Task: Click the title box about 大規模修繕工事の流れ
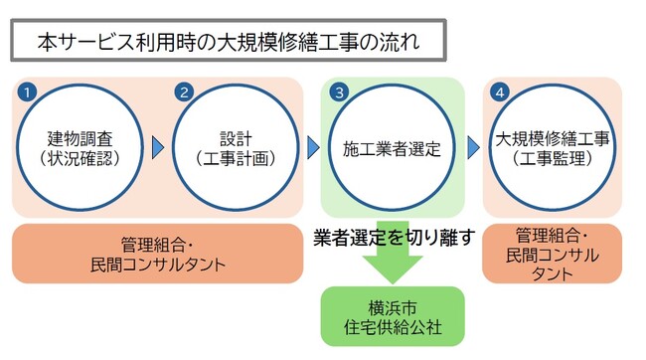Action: (228, 43)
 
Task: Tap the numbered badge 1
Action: (29, 91)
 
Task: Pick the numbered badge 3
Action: (339, 91)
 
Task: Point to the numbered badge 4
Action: (501, 91)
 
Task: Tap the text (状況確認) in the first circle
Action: (75, 158)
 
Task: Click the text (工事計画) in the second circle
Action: (231, 158)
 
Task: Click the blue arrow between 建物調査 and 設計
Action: (157, 147)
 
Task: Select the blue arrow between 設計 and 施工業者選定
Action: (313, 147)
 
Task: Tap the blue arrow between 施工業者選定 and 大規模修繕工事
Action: (474, 147)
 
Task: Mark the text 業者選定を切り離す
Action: (395, 238)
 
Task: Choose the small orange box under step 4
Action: (553, 254)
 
